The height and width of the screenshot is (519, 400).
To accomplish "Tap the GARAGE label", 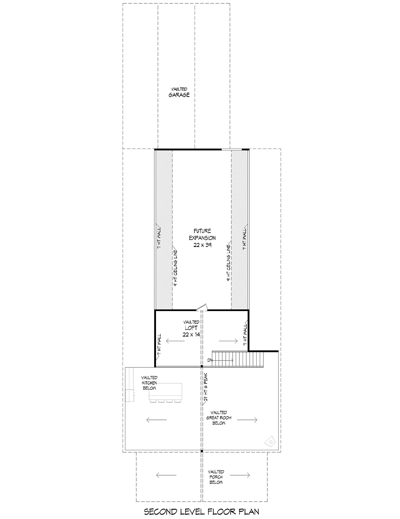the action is (179, 95).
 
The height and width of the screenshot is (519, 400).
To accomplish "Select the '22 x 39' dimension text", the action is (202, 245).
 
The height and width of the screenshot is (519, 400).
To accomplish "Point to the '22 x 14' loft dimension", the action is (191, 335).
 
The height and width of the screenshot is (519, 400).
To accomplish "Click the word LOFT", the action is (191, 328).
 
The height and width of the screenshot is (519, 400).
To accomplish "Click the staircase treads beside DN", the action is (238, 359).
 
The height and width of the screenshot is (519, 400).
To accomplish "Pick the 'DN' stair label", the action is (210, 360).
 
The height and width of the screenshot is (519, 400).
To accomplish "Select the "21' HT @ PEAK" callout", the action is (205, 387).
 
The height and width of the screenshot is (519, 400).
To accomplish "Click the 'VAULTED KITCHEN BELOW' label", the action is (149, 383).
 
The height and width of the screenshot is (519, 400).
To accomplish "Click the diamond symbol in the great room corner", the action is (270, 442).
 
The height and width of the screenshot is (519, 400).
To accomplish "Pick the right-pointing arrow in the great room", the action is (247, 420).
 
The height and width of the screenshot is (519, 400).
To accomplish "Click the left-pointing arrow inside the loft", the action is (175, 341).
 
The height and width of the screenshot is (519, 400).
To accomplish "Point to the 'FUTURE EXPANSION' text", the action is (202, 234).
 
